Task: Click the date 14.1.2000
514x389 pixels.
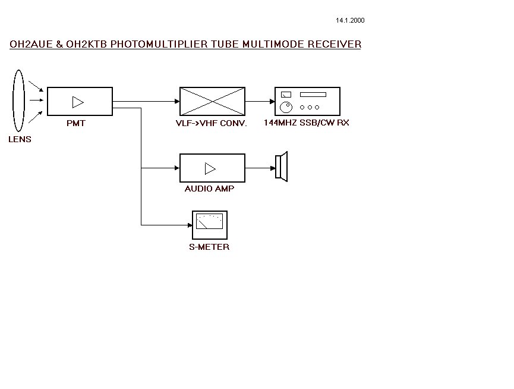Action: (350, 20)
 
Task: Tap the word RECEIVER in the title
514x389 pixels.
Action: (335, 44)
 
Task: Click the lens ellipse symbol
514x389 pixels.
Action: (19, 101)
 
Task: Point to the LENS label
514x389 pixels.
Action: (20, 139)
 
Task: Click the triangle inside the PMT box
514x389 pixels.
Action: (78, 102)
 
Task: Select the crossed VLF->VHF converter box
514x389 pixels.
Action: (212, 101)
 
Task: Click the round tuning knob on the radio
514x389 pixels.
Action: (286, 107)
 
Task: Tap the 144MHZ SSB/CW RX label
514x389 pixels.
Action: (307, 123)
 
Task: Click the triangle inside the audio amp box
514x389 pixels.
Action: (210, 168)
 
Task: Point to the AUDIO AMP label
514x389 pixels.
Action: (209, 189)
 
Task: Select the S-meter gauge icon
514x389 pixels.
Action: (209, 222)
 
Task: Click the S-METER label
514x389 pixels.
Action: (209, 247)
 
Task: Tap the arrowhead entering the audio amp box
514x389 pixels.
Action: (176, 168)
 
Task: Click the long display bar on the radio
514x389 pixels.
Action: (313, 95)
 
